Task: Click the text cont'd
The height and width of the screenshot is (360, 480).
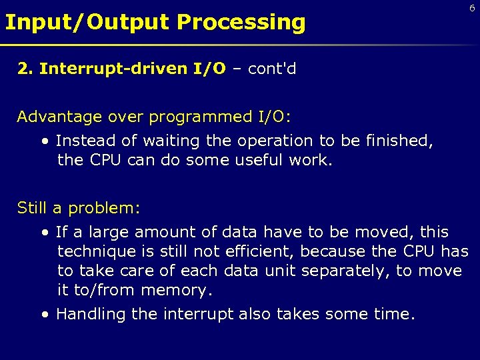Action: coord(271,69)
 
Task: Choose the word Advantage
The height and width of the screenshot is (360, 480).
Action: coord(58,117)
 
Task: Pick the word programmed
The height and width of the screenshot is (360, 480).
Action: coord(201,117)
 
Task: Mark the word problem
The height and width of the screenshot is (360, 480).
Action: coord(103,208)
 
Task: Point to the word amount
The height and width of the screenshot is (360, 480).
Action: coord(159,233)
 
